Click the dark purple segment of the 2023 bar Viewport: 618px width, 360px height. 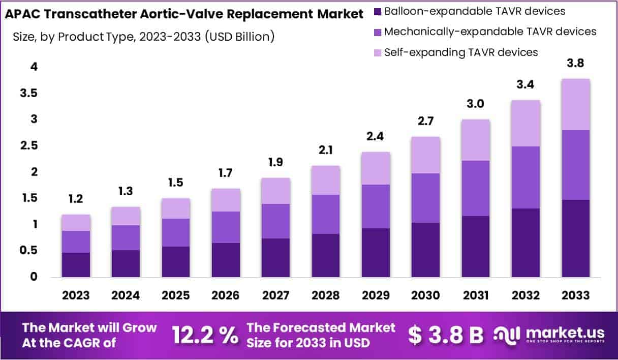(x=76, y=265)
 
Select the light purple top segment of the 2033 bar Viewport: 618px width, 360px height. (x=576, y=104)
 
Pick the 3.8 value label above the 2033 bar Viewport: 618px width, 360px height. (x=575, y=64)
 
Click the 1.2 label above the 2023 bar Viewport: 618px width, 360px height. (x=76, y=199)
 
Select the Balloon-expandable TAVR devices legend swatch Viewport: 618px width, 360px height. (x=377, y=11)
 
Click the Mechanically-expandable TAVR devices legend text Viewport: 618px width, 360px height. (x=490, y=32)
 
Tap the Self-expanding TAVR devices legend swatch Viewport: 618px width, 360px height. (x=377, y=52)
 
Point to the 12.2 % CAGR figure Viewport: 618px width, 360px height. (x=205, y=335)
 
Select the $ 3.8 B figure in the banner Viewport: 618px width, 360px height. (x=446, y=335)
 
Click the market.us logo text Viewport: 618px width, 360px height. (x=565, y=333)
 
